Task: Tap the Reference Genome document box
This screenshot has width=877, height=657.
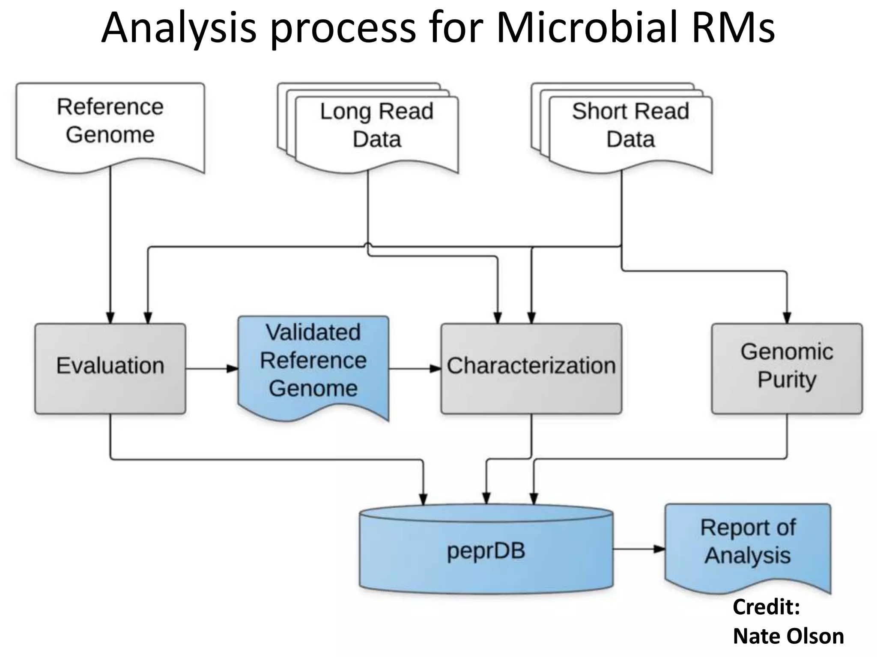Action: point(110,124)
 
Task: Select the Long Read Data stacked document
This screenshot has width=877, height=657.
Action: point(377,128)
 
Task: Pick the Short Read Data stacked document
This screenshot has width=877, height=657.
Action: point(630,128)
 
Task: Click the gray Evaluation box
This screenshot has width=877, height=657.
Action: point(110,368)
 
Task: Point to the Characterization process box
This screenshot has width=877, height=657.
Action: point(531,368)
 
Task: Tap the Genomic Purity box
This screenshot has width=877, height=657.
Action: point(787,368)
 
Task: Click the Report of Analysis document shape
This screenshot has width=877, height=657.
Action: point(748,543)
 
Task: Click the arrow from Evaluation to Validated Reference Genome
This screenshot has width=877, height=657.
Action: point(212,368)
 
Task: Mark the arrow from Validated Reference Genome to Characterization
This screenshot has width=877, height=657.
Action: point(415,368)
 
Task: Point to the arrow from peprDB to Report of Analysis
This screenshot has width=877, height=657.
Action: point(639,549)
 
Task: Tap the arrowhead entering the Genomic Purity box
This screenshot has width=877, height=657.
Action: point(787,318)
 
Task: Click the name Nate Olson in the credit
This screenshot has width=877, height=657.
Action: point(788,636)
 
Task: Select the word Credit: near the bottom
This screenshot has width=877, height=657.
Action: point(766,607)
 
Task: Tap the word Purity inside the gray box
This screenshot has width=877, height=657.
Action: point(787,380)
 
